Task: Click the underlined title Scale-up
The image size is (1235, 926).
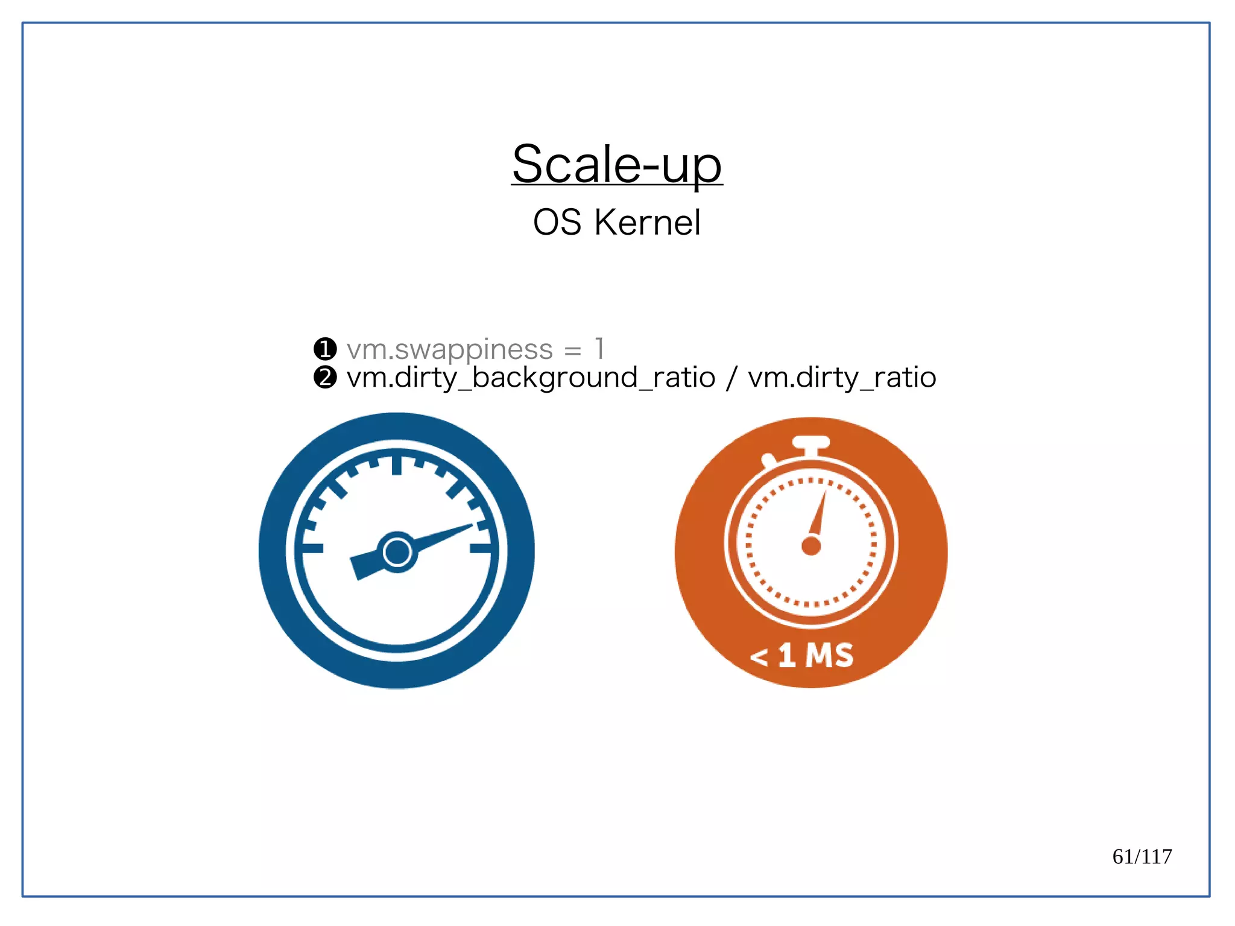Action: click(x=617, y=165)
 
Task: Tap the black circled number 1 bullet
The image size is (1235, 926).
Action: click(x=325, y=349)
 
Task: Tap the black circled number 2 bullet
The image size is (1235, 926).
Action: click(x=325, y=378)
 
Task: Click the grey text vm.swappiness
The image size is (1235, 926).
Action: click(x=449, y=349)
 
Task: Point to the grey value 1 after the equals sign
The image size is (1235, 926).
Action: click(x=599, y=349)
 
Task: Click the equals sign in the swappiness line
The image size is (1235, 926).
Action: click(x=572, y=350)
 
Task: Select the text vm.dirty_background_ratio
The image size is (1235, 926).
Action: click(x=531, y=378)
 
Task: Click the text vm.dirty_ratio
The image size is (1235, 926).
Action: click(x=842, y=378)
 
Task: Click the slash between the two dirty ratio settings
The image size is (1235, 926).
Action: click(x=731, y=378)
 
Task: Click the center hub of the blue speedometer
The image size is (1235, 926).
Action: click(x=397, y=551)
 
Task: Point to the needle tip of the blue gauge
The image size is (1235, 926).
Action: click(x=470, y=525)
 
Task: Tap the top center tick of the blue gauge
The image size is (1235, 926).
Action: click(x=397, y=465)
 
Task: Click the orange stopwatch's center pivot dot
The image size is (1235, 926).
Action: click(x=811, y=546)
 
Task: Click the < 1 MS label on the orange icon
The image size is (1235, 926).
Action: click(x=802, y=655)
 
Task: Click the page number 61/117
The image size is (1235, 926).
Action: click(x=1142, y=857)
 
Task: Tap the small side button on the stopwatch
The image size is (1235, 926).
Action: click(x=769, y=461)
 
